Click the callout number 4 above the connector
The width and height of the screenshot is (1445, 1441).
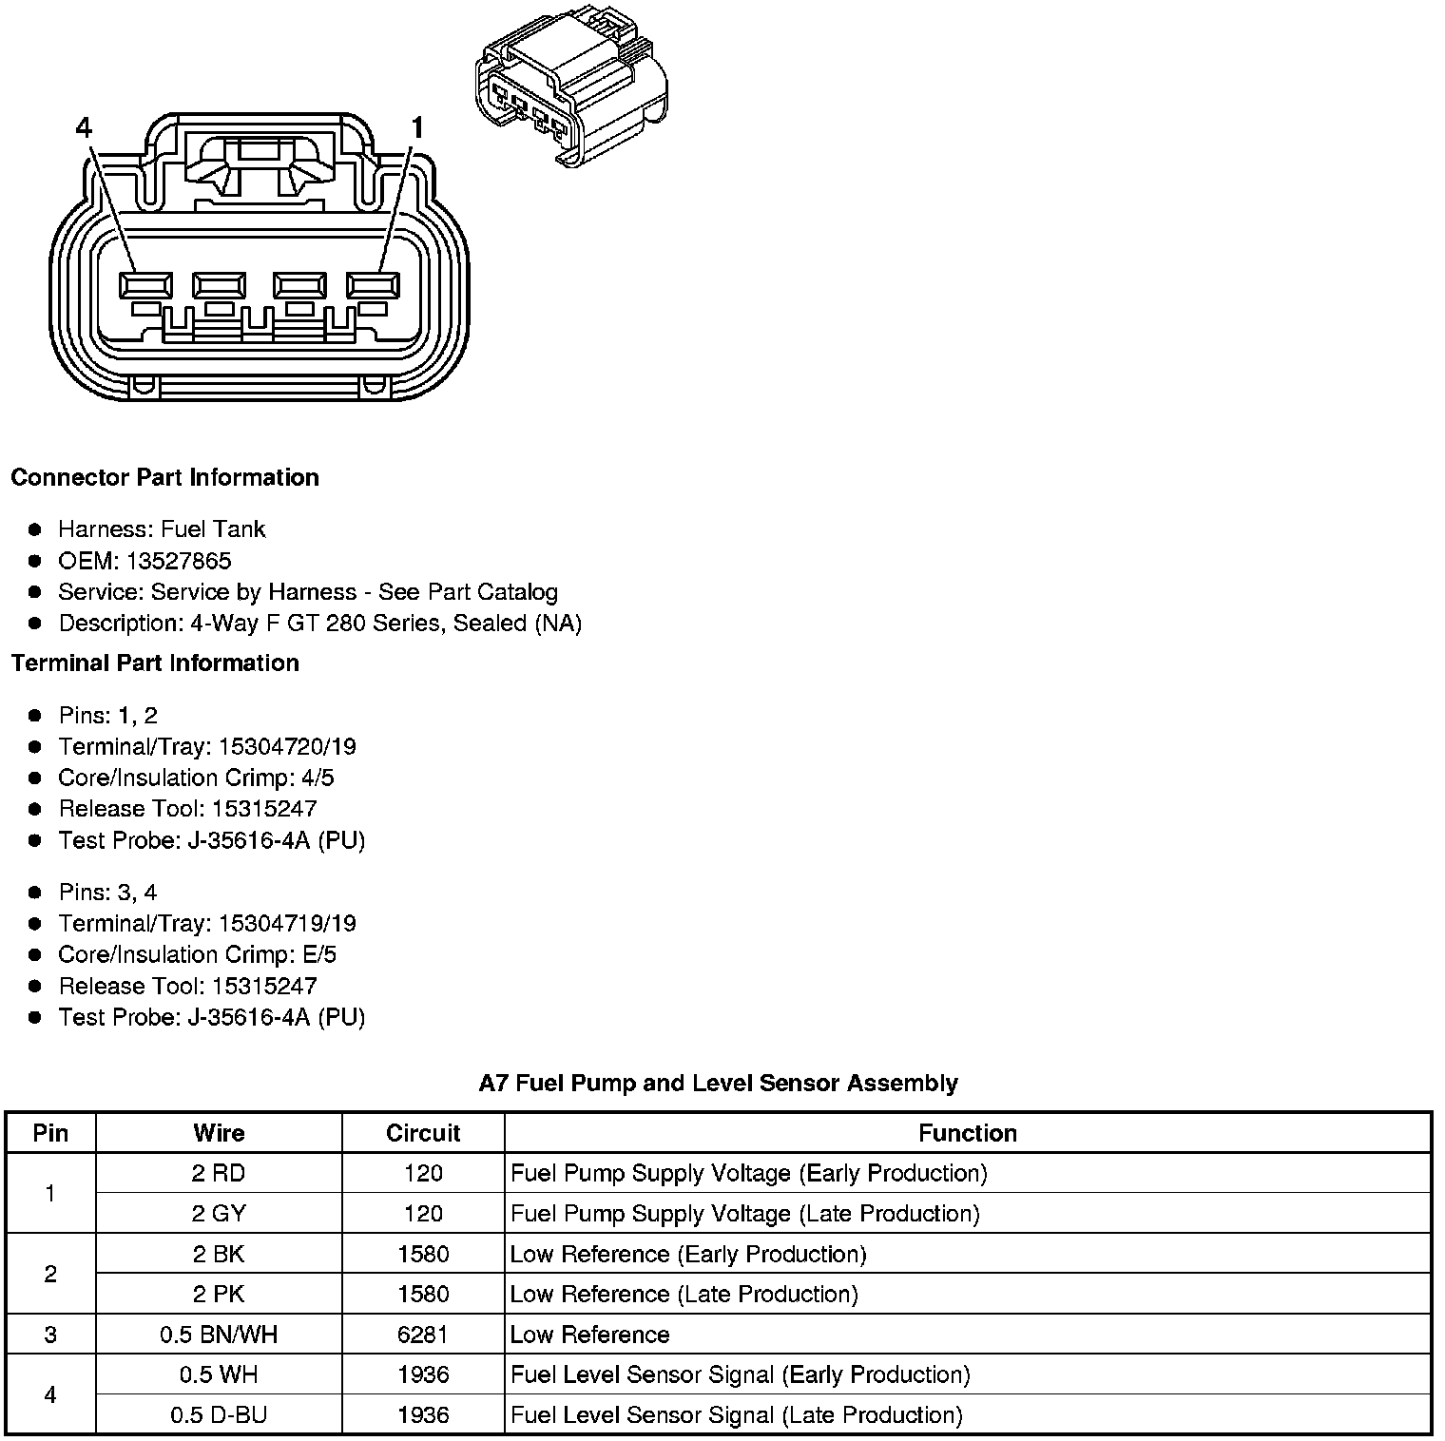pos(84,127)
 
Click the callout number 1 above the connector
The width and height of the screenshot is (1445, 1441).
pos(416,127)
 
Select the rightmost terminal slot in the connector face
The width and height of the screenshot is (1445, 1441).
pos(373,285)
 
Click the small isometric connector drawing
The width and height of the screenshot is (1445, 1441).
pos(570,90)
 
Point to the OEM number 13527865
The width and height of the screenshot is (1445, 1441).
pos(179,561)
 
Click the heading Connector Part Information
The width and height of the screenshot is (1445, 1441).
pos(164,477)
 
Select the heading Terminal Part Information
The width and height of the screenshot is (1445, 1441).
pos(155,663)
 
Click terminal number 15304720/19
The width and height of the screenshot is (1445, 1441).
pos(287,746)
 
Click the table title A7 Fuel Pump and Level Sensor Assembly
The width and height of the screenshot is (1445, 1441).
pos(718,1083)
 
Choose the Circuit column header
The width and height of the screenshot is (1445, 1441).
pos(423,1133)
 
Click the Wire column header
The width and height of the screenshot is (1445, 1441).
pos(219,1133)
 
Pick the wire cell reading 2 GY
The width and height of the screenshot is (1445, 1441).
pos(219,1214)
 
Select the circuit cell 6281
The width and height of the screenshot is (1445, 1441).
pos(423,1335)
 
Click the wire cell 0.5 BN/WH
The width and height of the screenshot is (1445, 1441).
pos(219,1335)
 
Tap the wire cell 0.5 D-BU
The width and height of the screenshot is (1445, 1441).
pos(219,1415)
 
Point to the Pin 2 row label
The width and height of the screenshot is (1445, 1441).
pos(50,1274)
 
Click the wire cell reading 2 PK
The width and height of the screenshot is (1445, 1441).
pos(219,1295)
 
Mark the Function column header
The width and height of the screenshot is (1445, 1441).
pos(968,1133)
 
